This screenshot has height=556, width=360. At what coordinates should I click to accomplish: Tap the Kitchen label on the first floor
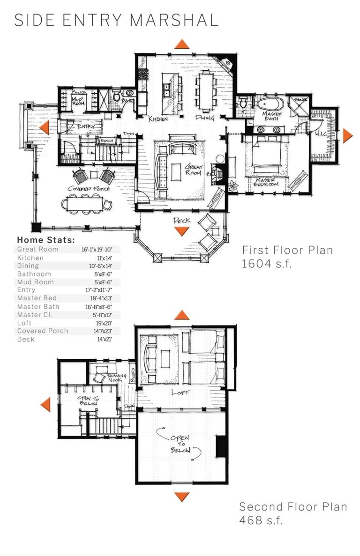(x=158, y=119)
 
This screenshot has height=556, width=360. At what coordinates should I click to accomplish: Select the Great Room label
(x=193, y=170)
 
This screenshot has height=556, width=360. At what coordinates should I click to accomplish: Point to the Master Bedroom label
(x=266, y=182)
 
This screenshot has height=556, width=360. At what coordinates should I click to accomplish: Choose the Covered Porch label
(x=89, y=188)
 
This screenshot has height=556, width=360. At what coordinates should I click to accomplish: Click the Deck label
(x=181, y=220)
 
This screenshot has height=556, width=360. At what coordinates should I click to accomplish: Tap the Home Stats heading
(x=46, y=240)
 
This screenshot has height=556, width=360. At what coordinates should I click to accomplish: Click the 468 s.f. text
(x=261, y=520)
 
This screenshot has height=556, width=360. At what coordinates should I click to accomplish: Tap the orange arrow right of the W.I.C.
(x=347, y=135)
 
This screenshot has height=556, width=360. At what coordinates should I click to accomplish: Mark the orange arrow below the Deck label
(x=181, y=231)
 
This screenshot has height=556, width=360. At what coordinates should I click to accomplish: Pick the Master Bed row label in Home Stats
(x=37, y=298)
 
